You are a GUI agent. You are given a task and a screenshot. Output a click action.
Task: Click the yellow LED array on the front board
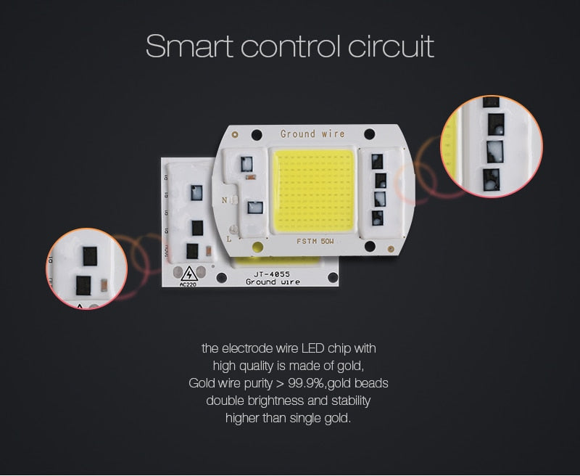point(313,187)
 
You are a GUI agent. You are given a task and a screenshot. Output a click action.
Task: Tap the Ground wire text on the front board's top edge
point(312,134)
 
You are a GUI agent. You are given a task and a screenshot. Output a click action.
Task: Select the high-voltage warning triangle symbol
point(190,274)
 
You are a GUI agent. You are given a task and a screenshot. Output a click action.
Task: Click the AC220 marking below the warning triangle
point(188,284)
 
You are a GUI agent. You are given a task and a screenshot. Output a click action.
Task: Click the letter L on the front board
point(230,237)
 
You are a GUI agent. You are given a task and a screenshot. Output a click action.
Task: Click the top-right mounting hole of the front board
point(370,134)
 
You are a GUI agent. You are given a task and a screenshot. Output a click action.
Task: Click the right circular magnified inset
point(491,146)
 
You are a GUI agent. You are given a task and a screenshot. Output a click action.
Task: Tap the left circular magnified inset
point(86,268)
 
